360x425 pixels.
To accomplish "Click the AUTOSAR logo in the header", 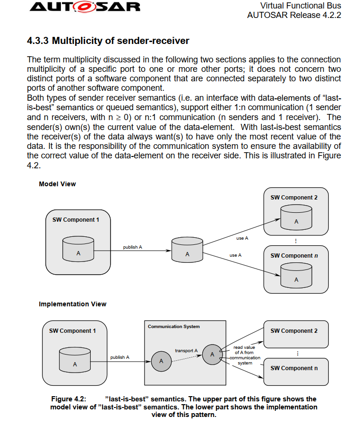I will point(85,7).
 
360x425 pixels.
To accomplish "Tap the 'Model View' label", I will point(57,184).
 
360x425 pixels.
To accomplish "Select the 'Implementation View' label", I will point(72,304).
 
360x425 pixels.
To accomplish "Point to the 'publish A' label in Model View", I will point(132,247).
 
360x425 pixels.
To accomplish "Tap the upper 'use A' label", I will point(242,238).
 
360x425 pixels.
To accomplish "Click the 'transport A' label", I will point(186,351).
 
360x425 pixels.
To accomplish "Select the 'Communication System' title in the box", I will point(173,327).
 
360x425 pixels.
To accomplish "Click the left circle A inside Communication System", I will point(161,361).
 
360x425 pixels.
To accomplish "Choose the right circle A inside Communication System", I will point(212,354).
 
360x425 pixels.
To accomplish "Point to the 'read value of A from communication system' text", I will point(244,355).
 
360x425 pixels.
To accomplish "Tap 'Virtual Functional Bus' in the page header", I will point(300,6).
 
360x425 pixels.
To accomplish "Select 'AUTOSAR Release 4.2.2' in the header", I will point(294,15).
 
